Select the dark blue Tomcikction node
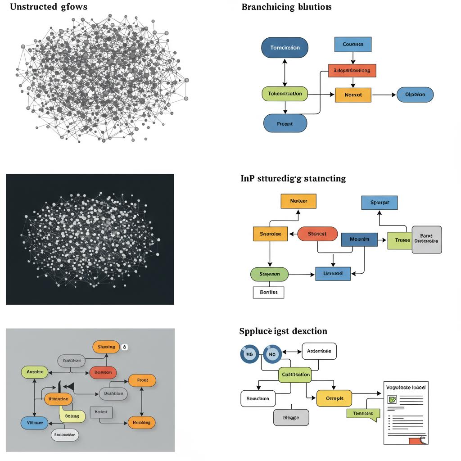(x=285, y=48)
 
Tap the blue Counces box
(x=353, y=45)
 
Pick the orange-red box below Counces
(x=352, y=71)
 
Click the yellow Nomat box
(x=353, y=95)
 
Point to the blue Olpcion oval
(x=415, y=95)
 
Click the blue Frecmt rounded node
(x=285, y=123)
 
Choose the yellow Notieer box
(x=298, y=201)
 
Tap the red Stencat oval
(x=317, y=234)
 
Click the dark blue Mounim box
(x=359, y=240)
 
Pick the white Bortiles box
(x=269, y=292)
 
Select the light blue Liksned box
(x=333, y=273)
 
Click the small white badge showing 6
(x=125, y=347)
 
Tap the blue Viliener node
(x=34, y=423)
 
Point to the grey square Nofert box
(x=102, y=411)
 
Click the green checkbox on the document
(x=392, y=399)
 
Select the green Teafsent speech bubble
(x=363, y=413)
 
